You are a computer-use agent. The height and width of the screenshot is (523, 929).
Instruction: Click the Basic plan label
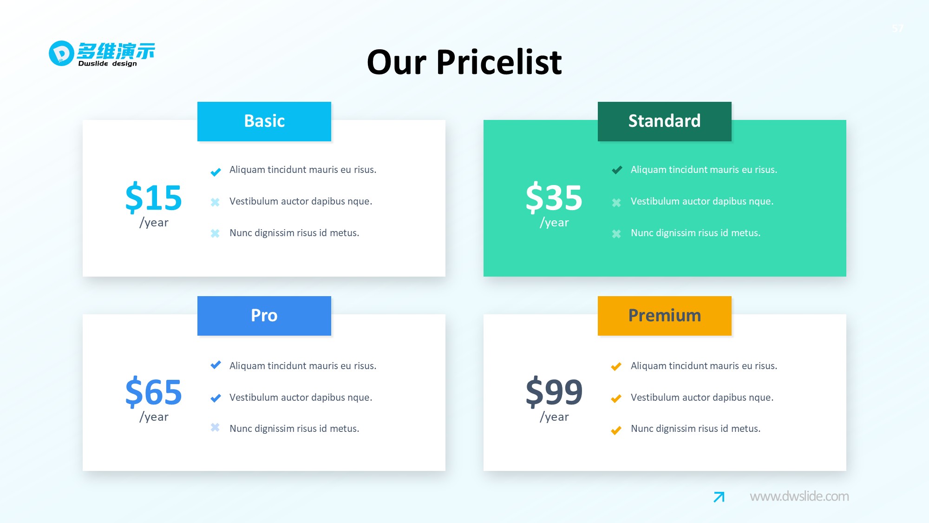pos(264,121)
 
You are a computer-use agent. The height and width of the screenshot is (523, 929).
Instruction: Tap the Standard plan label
pos(664,121)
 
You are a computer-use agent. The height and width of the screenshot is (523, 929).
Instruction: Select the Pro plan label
pos(264,316)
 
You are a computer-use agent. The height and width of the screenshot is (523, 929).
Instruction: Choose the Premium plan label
pos(664,316)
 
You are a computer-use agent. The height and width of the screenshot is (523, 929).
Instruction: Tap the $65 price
pos(153,392)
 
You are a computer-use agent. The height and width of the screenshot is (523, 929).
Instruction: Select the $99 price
pos(554,392)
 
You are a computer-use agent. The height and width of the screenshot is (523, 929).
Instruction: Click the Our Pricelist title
pos(464,62)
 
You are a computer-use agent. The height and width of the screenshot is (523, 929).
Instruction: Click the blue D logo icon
pos(61,53)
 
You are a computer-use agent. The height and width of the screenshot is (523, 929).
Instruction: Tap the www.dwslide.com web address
pos(799,497)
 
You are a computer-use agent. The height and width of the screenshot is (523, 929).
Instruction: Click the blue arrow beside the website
pos(719,497)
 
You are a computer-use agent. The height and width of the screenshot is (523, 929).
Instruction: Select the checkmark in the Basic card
pos(216,172)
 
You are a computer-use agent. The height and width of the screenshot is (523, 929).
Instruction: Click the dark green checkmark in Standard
pos(617,170)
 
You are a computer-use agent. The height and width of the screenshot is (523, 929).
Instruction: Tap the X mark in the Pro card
pos(215,427)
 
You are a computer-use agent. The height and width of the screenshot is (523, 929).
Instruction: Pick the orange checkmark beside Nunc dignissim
pos(616,430)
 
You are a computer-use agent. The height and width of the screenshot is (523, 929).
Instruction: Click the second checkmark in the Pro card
pos(216,398)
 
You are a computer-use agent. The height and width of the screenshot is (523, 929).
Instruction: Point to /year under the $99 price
pos(554,417)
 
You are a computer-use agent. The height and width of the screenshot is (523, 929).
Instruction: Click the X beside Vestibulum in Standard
pos(616,203)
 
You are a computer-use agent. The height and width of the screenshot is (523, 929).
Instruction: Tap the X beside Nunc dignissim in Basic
pos(215,233)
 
